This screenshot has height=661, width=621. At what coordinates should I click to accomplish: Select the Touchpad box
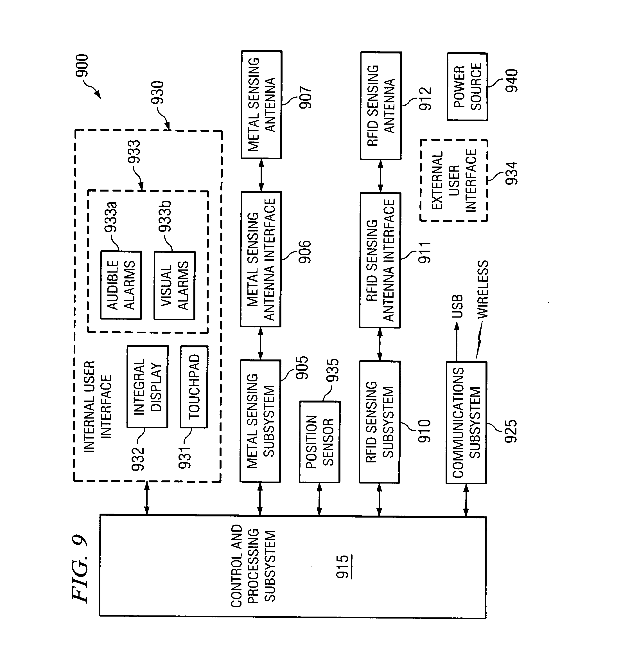(194, 387)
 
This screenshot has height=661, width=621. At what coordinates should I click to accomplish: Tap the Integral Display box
(147, 386)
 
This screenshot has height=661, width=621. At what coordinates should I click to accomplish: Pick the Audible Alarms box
(121, 285)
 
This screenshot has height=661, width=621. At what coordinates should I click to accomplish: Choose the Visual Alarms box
(175, 285)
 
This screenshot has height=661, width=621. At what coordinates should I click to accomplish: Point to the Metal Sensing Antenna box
(261, 105)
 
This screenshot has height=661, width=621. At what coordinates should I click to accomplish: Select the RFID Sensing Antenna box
(381, 106)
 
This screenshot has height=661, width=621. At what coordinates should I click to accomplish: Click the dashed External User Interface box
(453, 180)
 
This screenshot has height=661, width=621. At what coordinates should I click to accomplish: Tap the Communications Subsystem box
(466, 422)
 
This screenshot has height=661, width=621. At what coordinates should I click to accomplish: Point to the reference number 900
(82, 66)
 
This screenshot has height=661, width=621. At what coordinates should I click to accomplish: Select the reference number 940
(511, 80)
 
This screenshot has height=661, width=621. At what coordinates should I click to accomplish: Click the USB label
(457, 306)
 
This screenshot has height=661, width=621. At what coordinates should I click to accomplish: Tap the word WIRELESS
(482, 289)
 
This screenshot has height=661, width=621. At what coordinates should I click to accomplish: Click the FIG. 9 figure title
(80, 568)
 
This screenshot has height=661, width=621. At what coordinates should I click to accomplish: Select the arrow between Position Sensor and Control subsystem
(319, 499)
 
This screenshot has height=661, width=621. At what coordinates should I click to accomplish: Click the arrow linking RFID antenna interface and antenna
(380, 176)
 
